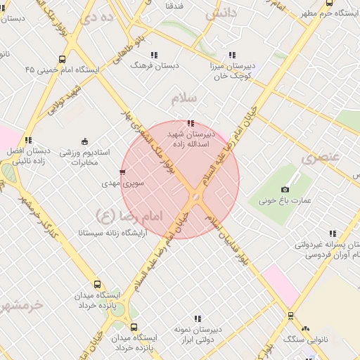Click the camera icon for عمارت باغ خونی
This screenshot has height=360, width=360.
pyautogui.click(x=285, y=189)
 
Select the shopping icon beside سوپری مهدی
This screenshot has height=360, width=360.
pyautogui.click(x=122, y=172)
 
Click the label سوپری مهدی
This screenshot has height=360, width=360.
pyautogui.click(x=122, y=183)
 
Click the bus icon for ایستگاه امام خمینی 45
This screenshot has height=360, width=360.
pyautogui.click(x=63, y=60)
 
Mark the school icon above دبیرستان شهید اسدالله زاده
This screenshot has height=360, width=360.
pyautogui.click(x=191, y=124)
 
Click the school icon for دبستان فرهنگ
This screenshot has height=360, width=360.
pyautogui.click(x=153, y=54)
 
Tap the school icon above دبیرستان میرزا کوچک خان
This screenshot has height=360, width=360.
pyautogui.click(x=232, y=55)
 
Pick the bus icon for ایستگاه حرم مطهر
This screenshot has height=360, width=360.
pyautogui.click(x=329, y=3)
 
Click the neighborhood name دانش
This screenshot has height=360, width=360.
pyautogui.click(x=221, y=13)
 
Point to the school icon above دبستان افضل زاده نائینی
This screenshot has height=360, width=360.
pyautogui.click(x=29, y=140)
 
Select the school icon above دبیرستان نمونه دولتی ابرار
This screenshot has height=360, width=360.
pyautogui.click(x=198, y=319)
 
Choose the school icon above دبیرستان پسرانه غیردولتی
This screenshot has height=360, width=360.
pyautogui.click(x=333, y=234)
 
